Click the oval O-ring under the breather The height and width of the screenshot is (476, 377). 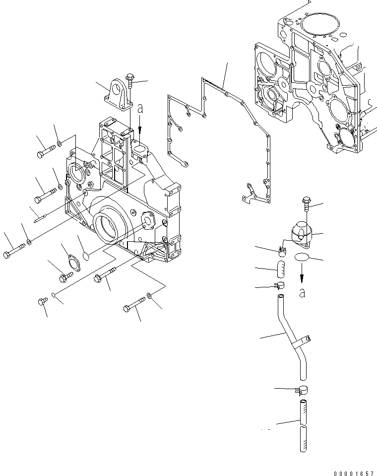(x=302, y=257)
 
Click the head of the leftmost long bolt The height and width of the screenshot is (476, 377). (x=6, y=254)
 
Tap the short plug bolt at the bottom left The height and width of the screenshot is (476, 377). (x=42, y=301)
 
